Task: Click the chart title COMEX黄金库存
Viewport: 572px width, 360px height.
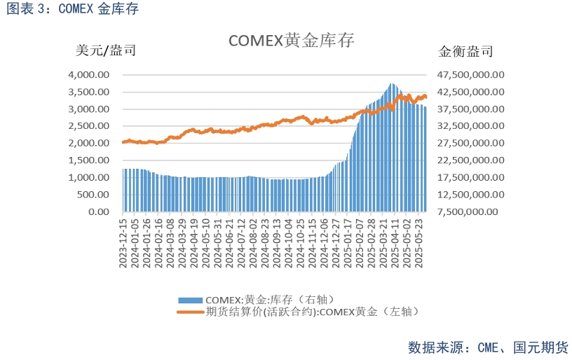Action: tap(291, 41)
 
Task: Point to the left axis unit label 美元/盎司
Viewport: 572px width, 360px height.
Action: tap(105, 50)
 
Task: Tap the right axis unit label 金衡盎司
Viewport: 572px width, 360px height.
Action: tap(465, 51)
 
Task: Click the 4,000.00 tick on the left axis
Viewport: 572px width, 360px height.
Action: tap(88, 75)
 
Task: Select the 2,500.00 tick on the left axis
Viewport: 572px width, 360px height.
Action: tap(88, 126)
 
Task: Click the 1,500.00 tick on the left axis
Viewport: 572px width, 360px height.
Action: tap(88, 160)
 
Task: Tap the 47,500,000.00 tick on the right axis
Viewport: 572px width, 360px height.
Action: tap(471, 75)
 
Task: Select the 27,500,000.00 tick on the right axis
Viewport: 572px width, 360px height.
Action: tap(471, 143)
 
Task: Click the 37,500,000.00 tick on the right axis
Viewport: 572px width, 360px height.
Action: tap(471, 109)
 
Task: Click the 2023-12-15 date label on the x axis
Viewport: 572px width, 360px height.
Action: tap(123, 242)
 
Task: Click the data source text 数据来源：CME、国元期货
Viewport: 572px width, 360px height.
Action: tap(488, 347)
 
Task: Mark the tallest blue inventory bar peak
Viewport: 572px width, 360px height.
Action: tap(392, 85)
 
